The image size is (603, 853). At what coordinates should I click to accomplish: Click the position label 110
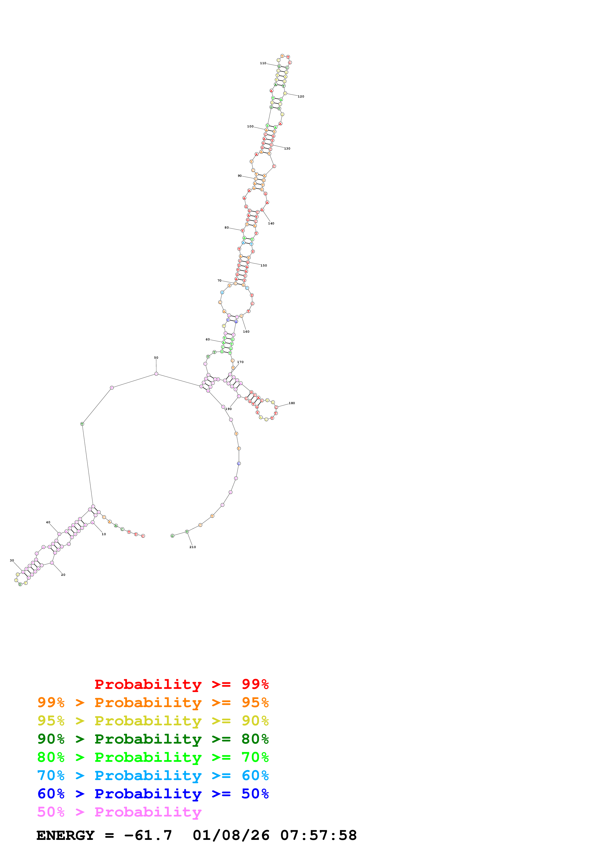click(263, 63)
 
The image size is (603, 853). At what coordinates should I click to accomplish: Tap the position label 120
click(301, 97)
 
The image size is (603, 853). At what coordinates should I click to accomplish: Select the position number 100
click(250, 126)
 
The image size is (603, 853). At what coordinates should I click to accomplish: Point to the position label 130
click(287, 149)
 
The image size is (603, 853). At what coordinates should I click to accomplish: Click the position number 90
click(240, 176)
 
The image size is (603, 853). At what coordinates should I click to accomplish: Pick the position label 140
click(271, 223)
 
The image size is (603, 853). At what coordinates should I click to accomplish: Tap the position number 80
click(227, 227)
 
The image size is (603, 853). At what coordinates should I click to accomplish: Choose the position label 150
click(264, 266)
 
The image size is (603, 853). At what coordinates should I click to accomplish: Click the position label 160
click(246, 331)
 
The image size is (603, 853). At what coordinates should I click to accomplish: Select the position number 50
click(156, 358)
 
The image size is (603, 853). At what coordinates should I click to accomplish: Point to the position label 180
click(292, 403)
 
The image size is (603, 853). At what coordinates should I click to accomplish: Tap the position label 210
click(192, 547)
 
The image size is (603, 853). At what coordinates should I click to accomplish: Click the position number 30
click(12, 560)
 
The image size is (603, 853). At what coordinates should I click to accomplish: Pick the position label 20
click(63, 575)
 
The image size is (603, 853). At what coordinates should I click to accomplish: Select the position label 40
click(48, 522)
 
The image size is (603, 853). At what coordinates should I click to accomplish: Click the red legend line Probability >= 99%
click(181, 684)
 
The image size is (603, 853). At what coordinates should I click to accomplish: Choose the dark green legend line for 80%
click(153, 739)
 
